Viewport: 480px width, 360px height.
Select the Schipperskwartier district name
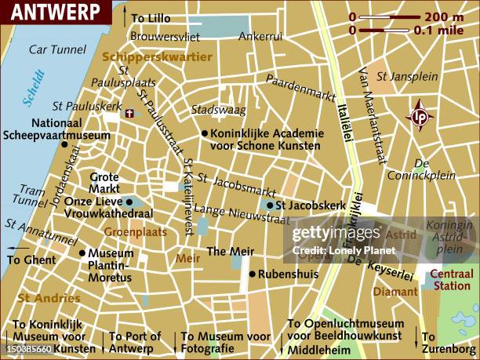click(157, 57)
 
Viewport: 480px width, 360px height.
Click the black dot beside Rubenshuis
click(252, 274)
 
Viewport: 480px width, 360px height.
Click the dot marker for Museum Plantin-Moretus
click(82, 253)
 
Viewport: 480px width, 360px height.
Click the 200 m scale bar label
click(444, 16)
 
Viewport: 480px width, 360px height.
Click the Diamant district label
click(396, 291)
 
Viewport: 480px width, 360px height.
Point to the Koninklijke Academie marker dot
click(204, 133)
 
